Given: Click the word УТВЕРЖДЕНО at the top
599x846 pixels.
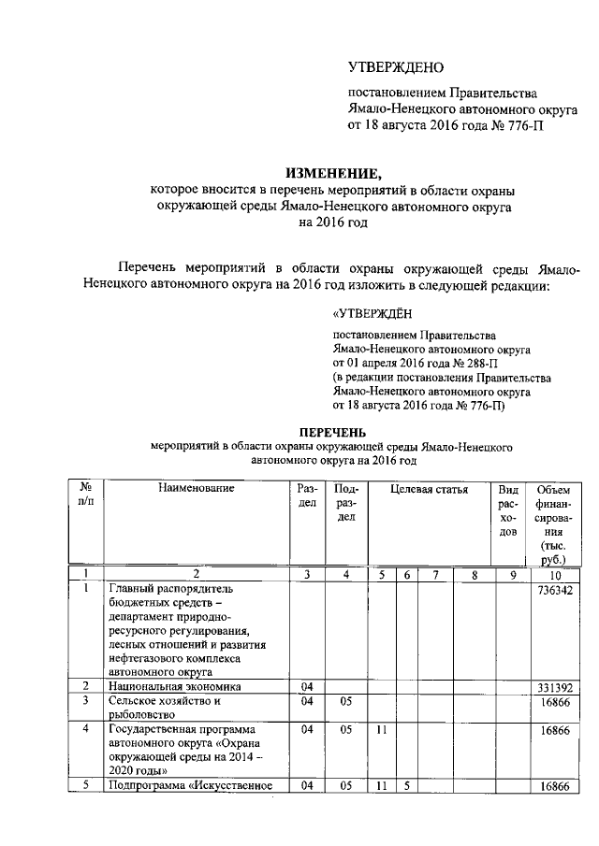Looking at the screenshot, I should pos(396,67).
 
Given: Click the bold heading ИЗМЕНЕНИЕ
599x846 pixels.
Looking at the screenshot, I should pos(334,172).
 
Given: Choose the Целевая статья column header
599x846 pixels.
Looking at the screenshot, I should pos(429,489).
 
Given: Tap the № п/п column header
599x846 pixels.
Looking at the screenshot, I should pos(85,495).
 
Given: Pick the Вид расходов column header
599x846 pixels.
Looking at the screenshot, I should pos(508,510).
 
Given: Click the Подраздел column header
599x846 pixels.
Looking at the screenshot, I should pos(345,503).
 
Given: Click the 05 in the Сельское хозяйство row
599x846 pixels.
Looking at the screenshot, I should pos(345,700).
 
